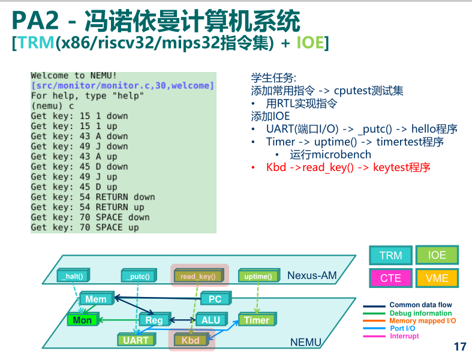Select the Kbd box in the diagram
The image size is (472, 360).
pyautogui.click(x=191, y=340)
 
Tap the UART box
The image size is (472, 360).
pyautogui.click(x=136, y=340)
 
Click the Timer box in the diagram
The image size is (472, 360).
pyautogui.click(x=257, y=319)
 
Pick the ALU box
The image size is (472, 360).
pyautogui.click(x=211, y=319)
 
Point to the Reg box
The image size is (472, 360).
pyautogui.click(x=155, y=319)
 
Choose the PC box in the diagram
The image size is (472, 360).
pyautogui.click(x=216, y=298)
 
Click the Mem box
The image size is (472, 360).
pyautogui.click(x=97, y=298)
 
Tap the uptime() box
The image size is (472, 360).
pyautogui.click(x=259, y=275)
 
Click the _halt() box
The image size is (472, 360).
pyautogui.click(x=73, y=275)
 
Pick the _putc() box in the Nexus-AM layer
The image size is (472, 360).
pyautogui.click(x=139, y=275)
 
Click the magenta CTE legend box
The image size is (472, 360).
pyautogui.click(x=390, y=278)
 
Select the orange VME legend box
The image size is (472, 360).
pyautogui.click(x=437, y=278)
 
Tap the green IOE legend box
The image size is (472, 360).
pyautogui.click(x=437, y=255)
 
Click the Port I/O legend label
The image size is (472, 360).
pyautogui.click(x=402, y=328)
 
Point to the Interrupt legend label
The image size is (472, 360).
pyautogui.click(x=404, y=336)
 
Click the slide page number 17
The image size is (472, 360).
pyautogui.click(x=460, y=346)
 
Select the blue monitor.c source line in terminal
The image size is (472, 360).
pyautogui.click(x=122, y=86)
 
